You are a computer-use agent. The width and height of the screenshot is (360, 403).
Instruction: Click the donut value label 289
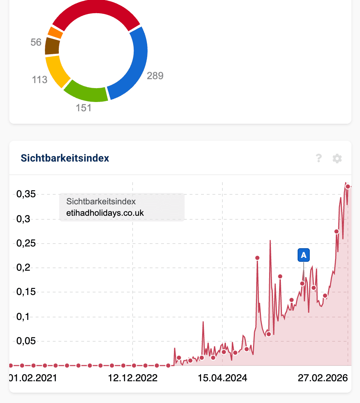click(155, 76)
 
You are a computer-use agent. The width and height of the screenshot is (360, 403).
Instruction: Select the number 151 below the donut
click(84, 108)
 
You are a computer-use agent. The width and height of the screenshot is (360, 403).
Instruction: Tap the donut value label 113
click(40, 80)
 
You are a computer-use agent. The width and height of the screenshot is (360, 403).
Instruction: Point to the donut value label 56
click(36, 42)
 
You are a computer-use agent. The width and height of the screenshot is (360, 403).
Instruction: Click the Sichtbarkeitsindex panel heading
click(65, 158)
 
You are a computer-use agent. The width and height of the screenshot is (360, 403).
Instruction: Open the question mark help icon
click(319, 158)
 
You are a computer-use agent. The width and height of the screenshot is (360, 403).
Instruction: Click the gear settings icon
click(337, 158)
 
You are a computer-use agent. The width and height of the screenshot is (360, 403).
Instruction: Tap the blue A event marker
click(304, 255)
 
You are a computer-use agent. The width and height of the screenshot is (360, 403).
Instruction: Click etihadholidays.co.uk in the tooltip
click(105, 213)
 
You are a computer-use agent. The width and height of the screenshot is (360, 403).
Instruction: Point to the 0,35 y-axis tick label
click(26, 194)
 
